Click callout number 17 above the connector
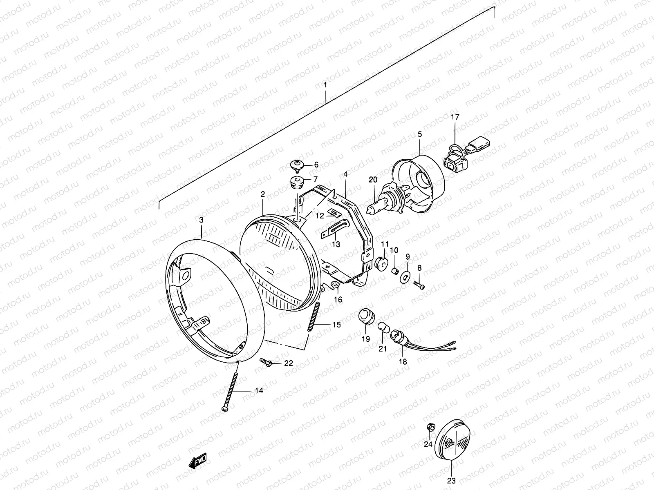coord(455,117)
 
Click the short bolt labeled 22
coord(266,362)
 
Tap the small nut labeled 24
coord(430,427)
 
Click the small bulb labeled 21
coord(382,327)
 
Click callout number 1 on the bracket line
coord(325,85)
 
